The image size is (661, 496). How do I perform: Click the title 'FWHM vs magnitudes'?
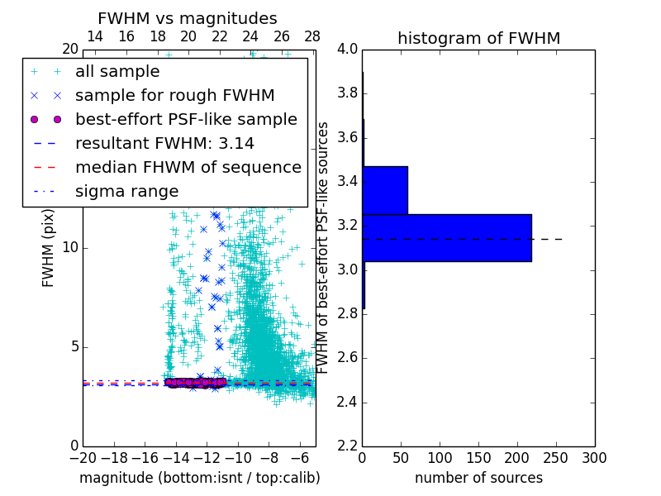[188, 18]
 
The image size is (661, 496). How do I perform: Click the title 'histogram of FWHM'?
[478, 38]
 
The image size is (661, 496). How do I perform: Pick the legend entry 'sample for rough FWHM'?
[175, 95]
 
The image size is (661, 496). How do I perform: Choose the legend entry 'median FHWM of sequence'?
[188, 167]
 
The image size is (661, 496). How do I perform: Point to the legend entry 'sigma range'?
[126, 191]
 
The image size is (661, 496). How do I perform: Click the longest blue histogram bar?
[446, 237]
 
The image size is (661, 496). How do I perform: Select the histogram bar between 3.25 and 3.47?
[385, 190]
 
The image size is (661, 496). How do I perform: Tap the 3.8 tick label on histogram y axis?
[347, 93]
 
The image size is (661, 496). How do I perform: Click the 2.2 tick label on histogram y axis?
[347, 446]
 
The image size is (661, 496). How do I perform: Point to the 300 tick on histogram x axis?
[594, 458]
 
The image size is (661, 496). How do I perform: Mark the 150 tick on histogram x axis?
[478, 458]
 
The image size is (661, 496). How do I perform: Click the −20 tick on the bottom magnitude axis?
[83, 458]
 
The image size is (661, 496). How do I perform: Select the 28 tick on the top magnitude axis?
[312, 36]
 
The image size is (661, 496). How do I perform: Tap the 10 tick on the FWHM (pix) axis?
[70, 247]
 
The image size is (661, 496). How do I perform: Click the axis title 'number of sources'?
[478, 478]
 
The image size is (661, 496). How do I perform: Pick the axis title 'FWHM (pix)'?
[49, 248]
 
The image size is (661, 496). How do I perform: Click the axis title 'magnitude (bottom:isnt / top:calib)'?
[199, 478]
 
